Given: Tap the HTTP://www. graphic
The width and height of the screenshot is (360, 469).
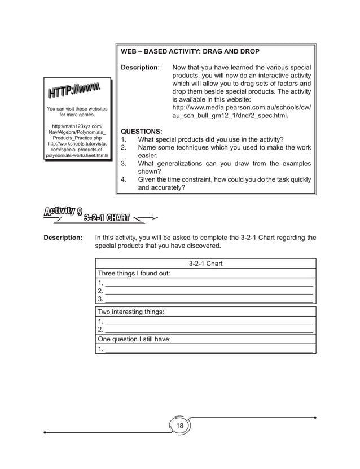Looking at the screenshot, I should [x=74, y=90].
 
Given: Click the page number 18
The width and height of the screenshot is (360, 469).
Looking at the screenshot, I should [x=180, y=426].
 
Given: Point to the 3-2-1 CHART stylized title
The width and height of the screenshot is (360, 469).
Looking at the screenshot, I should [x=107, y=218].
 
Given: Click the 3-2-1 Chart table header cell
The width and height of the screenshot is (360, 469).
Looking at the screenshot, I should [x=205, y=264].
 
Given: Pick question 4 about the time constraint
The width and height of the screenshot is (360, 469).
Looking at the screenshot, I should [x=216, y=184].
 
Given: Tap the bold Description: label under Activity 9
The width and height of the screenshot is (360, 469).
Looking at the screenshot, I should [x=63, y=238].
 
